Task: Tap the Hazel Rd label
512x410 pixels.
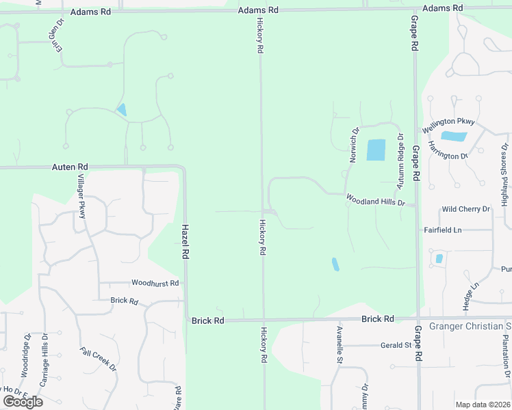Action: (x=185, y=242)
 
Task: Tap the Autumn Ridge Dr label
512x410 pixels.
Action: (x=401, y=161)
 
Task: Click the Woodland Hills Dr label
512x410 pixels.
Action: (x=376, y=200)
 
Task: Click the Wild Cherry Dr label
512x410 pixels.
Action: (x=466, y=208)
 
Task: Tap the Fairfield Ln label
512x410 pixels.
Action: (x=443, y=230)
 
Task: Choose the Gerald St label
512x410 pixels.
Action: (x=398, y=345)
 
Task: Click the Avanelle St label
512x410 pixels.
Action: (x=340, y=345)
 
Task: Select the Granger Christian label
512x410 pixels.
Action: (x=470, y=326)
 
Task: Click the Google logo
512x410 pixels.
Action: (x=23, y=401)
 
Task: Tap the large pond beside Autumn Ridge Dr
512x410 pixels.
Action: (x=376, y=150)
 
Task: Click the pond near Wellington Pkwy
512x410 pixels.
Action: (x=454, y=136)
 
